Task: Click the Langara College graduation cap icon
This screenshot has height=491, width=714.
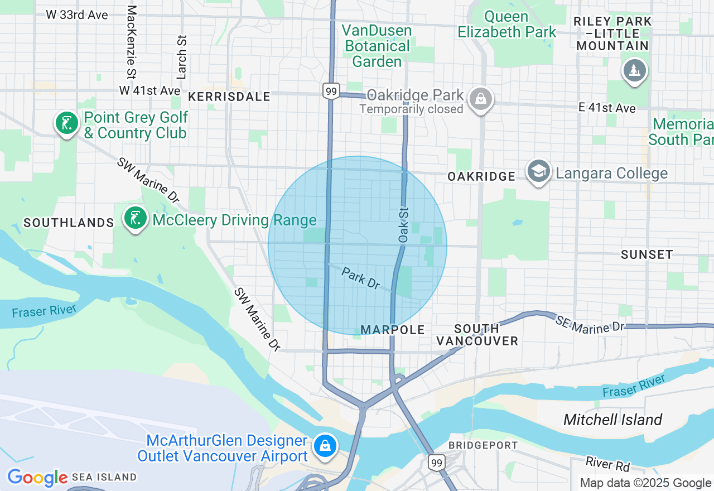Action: point(538,171)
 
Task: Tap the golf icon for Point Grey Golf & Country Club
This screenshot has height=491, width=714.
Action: point(67,123)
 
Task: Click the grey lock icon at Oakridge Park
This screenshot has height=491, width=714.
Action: point(480,99)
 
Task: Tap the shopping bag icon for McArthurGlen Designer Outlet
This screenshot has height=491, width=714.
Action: point(325,446)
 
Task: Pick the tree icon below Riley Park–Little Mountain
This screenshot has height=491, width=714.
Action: point(634,71)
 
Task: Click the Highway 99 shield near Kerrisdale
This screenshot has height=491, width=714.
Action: point(331,91)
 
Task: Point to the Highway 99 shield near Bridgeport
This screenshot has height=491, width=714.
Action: point(437,462)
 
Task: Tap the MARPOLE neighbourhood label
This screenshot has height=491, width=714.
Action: point(393,330)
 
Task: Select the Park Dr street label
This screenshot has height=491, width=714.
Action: point(360,278)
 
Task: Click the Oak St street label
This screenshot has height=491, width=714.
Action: point(403,225)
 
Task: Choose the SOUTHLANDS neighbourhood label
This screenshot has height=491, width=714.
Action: point(69,223)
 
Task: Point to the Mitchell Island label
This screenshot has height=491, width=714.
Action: point(612,420)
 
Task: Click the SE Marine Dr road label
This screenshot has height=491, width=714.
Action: point(590,324)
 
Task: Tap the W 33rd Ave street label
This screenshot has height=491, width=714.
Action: point(77,15)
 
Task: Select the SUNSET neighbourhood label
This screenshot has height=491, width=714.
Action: point(647,254)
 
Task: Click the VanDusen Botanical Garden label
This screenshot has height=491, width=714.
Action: point(377,46)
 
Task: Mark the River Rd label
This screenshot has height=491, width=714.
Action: point(607,464)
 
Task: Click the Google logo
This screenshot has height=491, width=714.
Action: point(37,478)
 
